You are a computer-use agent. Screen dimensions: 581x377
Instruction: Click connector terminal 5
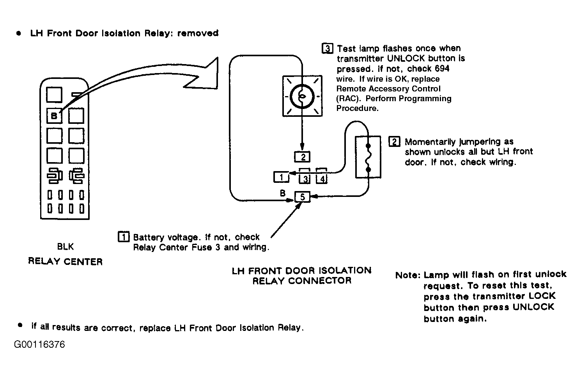coord(302,197)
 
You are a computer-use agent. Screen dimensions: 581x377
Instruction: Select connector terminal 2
coord(302,157)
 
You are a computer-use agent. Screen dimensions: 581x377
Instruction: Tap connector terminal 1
coord(282,177)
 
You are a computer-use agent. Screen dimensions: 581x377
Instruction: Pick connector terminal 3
coord(305,177)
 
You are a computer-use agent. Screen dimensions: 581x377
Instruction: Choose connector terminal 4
coord(322,177)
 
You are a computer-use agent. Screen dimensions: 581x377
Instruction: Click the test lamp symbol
coord(302,96)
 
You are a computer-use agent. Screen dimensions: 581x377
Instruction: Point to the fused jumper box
coord(368,157)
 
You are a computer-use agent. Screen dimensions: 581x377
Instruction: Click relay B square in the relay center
coord(54,116)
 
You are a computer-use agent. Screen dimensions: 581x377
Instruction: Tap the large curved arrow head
coord(205,74)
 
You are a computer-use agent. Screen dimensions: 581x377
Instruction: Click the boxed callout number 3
coord(327,48)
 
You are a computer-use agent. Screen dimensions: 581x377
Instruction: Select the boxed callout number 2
coord(394,141)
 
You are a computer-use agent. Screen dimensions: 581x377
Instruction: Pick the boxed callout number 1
coord(124,236)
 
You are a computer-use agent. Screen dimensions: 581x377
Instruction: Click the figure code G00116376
coord(39,345)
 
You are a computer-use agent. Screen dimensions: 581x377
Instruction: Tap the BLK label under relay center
coord(66,246)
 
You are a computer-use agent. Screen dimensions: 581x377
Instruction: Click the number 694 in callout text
coord(442,69)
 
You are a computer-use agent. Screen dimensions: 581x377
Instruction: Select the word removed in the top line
coord(198,33)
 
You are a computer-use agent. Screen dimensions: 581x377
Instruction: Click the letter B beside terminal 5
coord(283,193)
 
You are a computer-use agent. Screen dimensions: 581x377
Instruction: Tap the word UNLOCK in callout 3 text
coord(406,58)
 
